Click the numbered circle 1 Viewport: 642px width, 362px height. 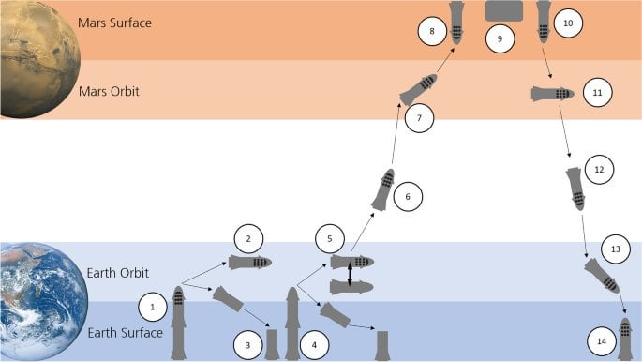[x=153, y=306]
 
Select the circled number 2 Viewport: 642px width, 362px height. [x=247, y=239]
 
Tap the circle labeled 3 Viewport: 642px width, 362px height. [x=247, y=344]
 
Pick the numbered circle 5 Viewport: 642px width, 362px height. [x=329, y=239]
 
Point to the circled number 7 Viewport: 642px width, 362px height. [x=419, y=119]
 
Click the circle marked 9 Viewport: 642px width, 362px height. [x=500, y=38]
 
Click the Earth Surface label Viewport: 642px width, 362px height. [x=127, y=332]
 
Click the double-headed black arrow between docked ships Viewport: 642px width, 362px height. [x=351, y=274]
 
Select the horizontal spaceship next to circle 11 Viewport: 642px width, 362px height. [x=552, y=94]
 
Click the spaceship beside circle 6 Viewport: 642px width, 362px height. [x=383, y=189]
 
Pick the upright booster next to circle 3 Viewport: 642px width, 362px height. [x=273, y=343]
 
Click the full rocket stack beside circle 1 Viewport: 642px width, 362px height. [x=178, y=324]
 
